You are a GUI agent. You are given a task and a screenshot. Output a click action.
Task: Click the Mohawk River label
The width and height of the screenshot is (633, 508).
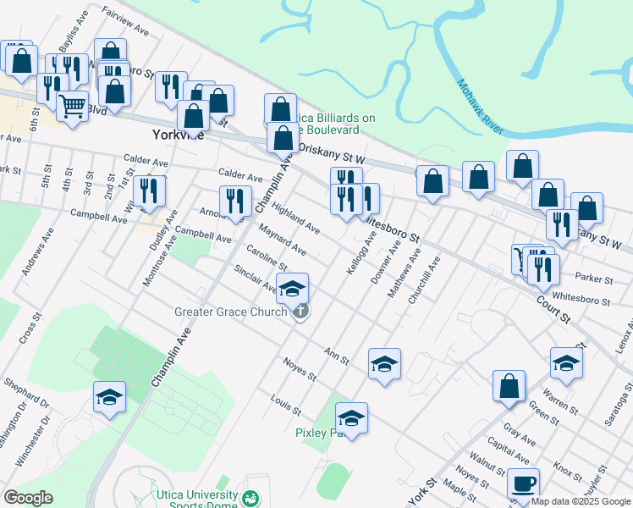480,107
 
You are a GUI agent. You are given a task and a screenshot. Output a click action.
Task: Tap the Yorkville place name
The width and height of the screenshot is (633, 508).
178,135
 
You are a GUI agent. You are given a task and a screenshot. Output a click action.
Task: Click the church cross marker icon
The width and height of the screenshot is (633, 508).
300,312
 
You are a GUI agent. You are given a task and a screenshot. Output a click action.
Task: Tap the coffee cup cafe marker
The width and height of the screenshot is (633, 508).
523,483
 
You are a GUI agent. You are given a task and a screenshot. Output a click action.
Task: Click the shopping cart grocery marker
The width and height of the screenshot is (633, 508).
73,106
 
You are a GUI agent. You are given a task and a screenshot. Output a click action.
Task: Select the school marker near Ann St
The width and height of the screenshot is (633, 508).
384,363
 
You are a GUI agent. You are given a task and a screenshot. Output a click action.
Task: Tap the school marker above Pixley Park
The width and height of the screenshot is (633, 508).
351,417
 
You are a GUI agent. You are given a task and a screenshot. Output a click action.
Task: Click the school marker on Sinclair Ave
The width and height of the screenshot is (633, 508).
293,288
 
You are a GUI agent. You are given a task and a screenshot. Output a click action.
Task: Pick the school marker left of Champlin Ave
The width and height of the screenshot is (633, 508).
109,396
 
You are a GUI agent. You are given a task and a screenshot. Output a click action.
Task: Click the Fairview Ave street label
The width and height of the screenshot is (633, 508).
124,23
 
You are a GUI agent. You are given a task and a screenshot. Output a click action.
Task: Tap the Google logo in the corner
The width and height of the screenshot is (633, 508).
28,497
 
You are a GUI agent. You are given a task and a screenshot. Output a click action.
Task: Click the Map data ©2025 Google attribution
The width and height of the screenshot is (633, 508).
581,501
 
